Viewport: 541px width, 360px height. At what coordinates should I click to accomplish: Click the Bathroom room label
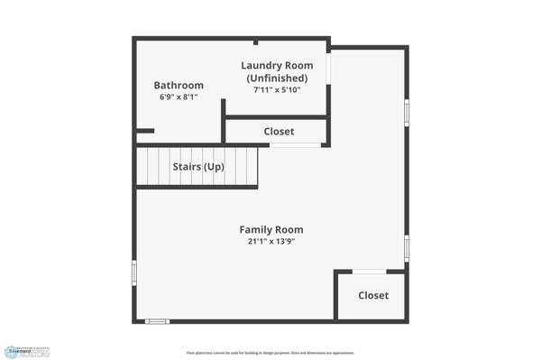[x=178, y=86]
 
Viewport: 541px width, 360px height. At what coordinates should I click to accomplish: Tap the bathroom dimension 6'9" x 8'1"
[x=178, y=97]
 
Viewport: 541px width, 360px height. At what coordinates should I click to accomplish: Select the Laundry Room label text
[x=277, y=66]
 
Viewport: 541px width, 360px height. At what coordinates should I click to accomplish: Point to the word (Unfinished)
[x=277, y=78]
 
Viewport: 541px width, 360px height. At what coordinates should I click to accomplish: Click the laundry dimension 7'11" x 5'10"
[x=277, y=89]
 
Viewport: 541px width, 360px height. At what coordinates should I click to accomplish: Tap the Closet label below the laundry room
[x=279, y=132]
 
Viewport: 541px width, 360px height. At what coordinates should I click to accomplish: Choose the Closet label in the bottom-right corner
[x=372, y=296]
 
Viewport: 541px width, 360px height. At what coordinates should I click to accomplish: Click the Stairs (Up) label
[x=197, y=167]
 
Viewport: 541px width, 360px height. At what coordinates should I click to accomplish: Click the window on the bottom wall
[x=158, y=321]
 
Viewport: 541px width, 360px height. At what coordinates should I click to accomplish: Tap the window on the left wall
[x=134, y=273]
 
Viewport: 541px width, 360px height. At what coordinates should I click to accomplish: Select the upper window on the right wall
[x=407, y=112]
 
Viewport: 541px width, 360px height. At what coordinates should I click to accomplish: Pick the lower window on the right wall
[x=407, y=245]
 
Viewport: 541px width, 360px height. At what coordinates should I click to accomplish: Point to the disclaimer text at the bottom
[x=270, y=353]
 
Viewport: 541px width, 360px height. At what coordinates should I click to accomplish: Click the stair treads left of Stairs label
[x=152, y=166]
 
